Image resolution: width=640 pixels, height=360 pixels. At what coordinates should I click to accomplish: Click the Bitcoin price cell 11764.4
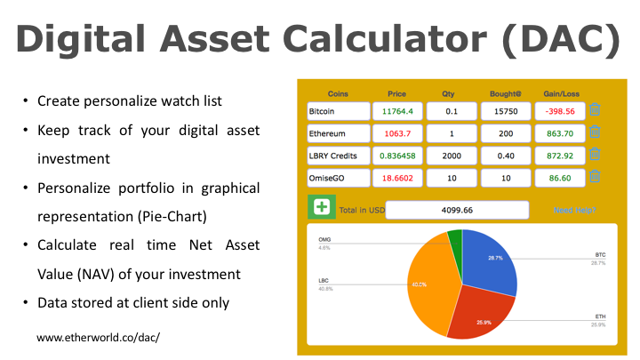(x=397, y=111)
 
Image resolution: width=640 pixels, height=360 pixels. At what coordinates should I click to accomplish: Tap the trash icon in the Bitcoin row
(x=595, y=110)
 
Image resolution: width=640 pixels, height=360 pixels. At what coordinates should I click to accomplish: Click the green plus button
(x=320, y=208)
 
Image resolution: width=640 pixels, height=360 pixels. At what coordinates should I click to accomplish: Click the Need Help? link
(x=574, y=211)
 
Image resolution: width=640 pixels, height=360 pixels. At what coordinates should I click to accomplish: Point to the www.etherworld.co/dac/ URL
(x=98, y=338)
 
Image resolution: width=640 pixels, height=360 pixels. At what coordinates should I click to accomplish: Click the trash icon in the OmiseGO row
(x=595, y=177)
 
